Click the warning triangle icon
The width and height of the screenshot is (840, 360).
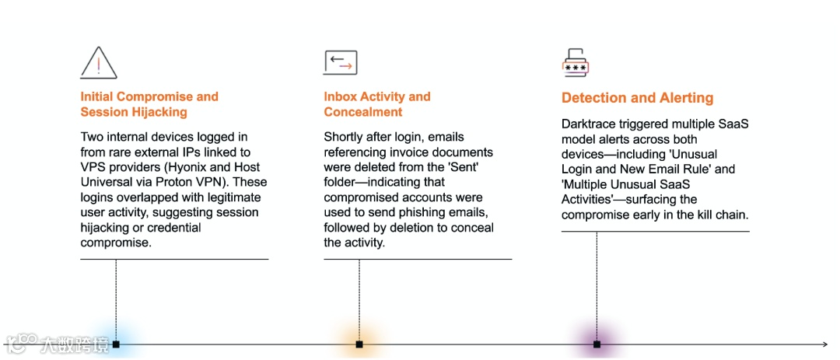tap(99, 62)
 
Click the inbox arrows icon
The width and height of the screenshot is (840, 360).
tap(340, 62)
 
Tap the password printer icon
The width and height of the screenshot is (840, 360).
tap(575, 62)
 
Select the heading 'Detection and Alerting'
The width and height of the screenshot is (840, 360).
tap(637, 98)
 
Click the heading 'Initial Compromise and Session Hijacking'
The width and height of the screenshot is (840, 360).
tap(149, 104)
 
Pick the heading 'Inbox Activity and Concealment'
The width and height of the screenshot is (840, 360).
tap(376, 104)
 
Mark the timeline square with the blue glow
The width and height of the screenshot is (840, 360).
tap(116, 344)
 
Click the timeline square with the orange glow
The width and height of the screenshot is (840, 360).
tap(359, 344)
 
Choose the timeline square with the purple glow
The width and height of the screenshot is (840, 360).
tap(597, 344)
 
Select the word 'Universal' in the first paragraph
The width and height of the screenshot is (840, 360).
tap(106, 182)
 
